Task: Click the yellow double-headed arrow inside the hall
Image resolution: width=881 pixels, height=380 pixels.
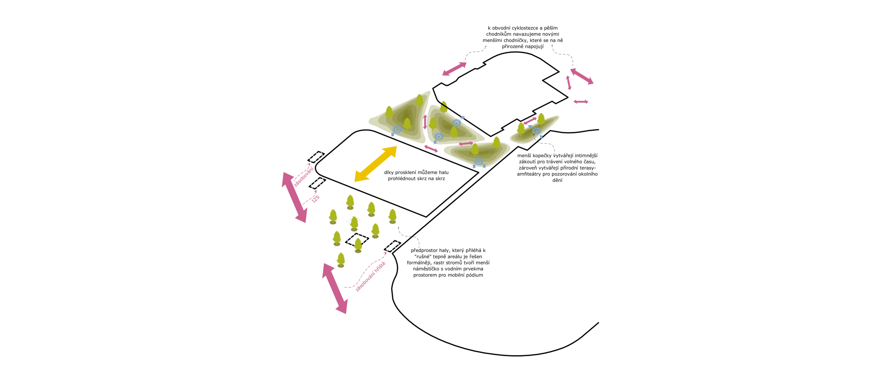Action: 375,164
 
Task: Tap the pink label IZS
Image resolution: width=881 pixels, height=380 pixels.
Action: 316,199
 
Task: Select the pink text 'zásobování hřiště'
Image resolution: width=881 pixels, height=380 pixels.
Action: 370,276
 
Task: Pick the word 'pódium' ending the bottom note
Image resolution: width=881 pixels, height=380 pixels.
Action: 475,275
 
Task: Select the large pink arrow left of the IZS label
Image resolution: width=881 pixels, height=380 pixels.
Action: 294,197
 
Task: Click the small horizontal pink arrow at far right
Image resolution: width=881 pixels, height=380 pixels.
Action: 581,102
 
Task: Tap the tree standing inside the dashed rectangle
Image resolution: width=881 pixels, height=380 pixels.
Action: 358,245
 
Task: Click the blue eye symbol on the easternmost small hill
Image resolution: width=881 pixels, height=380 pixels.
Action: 536,131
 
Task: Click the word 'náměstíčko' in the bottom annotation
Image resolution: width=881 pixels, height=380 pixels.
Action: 426,269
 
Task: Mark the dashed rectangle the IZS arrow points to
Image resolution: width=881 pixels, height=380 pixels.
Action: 317,183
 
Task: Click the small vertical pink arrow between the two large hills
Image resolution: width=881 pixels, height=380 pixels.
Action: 425,122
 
